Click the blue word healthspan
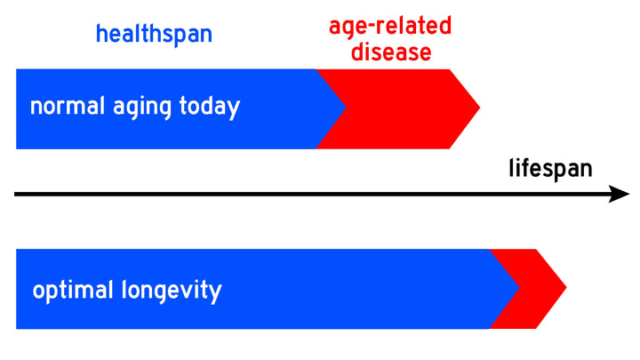click(155, 35)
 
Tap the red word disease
click(390, 52)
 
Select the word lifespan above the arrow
click(550, 168)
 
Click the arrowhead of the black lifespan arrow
click(620, 194)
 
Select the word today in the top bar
click(210, 108)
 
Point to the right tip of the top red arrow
click(479, 108)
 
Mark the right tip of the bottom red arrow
click(565, 289)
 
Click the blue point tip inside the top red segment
click(345, 108)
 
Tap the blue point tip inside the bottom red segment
click(519, 289)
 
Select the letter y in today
click(233, 110)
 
